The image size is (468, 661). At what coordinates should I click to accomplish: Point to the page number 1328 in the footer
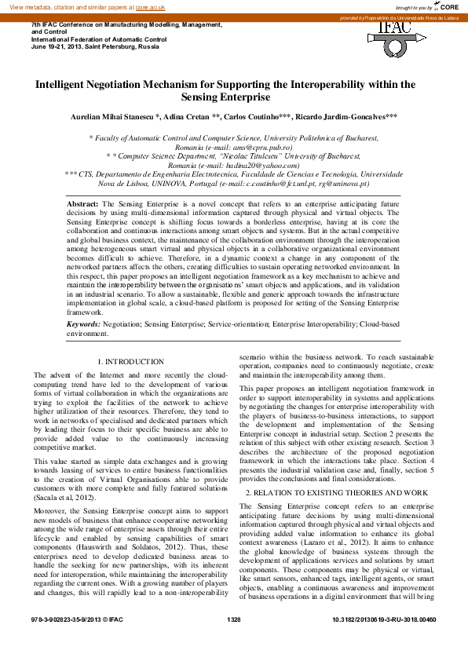point(233,641)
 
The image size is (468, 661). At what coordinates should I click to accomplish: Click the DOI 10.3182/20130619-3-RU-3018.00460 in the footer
point(384,641)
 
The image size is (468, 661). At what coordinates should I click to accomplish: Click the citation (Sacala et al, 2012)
point(65,497)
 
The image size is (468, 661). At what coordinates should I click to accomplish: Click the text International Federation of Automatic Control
point(98,39)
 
